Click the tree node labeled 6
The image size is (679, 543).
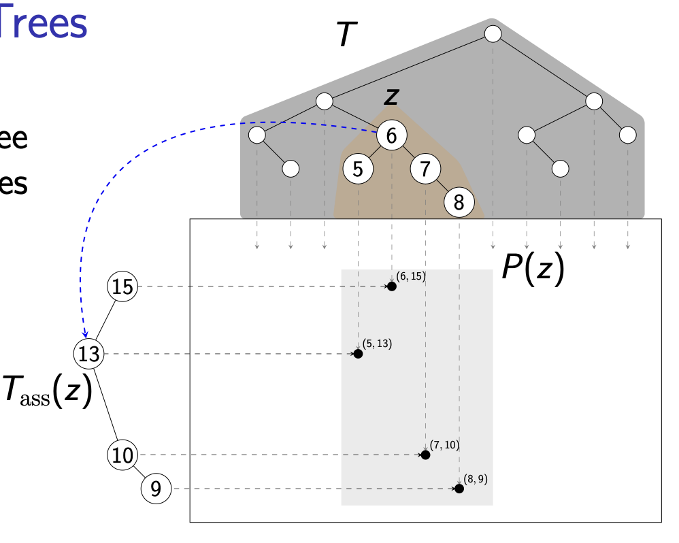[x=391, y=135]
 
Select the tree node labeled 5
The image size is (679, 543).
[x=358, y=168]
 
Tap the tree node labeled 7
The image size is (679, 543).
[x=425, y=168]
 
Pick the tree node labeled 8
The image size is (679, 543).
[x=459, y=201]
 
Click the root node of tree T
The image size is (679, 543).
[x=493, y=33]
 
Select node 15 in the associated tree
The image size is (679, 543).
[x=122, y=286]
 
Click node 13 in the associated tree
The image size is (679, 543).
[x=89, y=354]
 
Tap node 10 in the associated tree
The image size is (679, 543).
[x=122, y=455]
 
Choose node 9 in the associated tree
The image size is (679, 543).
[x=156, y=488]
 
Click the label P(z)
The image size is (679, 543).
[x=533, y=269]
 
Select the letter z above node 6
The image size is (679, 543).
[x=391, y=96]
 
